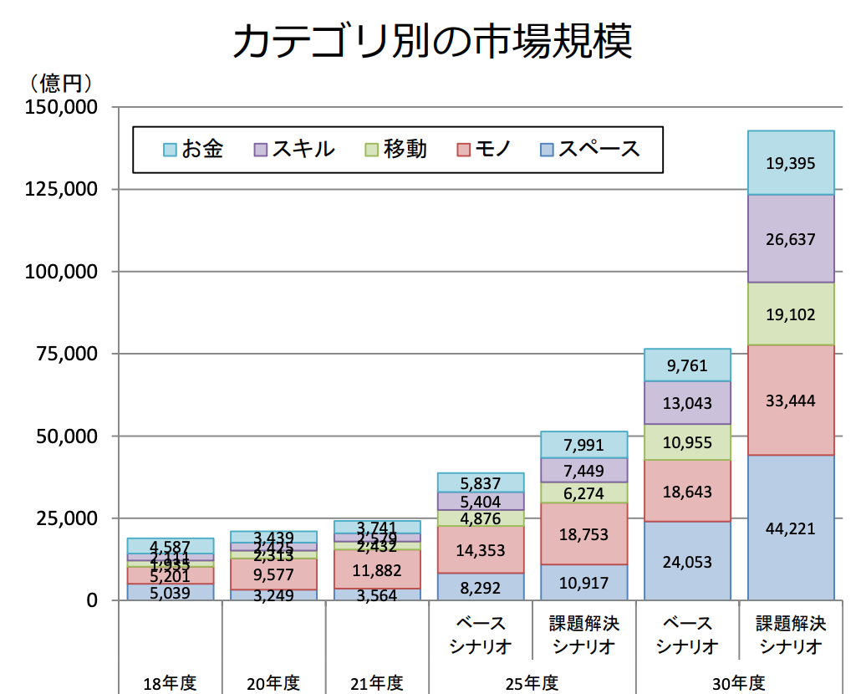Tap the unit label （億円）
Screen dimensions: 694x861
[x=60, y=84]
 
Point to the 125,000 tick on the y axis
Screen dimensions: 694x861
[x=63, y=190]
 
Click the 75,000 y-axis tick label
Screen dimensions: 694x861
[x=68, y=354]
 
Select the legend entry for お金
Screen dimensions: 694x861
[x=193, y=150]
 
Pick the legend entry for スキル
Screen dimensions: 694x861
[x=293, y=150]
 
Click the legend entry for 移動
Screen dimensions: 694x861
[x=395, y=150]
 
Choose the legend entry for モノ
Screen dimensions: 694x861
[x=484, y=150]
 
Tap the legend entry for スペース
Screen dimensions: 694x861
[x=589, y=150]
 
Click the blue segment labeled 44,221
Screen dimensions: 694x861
[x=790, y=528]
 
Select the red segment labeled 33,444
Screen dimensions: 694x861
[x=790, y=401]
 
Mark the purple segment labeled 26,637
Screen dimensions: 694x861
[x=790, y=239]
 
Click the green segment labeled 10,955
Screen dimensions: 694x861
[x=687, y=442]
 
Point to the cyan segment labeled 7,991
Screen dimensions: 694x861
[x=583, y=445]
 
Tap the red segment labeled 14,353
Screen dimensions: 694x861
[x=481, y=550]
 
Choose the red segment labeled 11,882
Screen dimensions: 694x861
[x=377, y=570]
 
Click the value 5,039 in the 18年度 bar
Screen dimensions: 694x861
[x=170, y=593]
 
